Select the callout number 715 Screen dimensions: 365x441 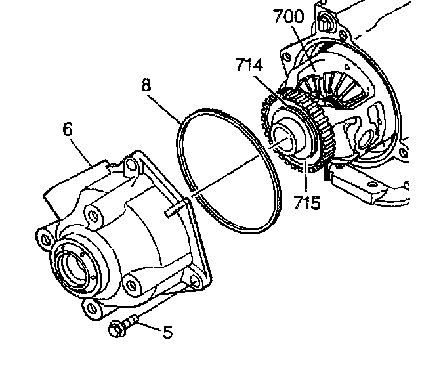(x=307, y=202)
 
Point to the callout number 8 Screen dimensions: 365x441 (x=146, y=85)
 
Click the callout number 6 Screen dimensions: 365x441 (x=68, y=129)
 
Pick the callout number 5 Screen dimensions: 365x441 (x=167, y=332)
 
